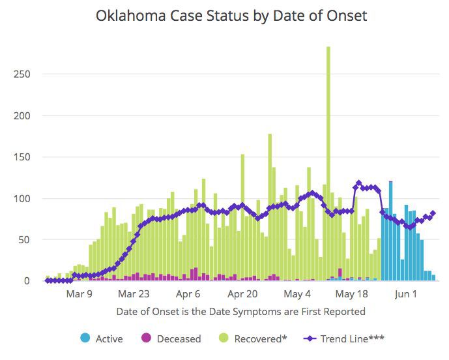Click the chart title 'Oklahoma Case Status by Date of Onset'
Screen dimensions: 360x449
pyautogui.click(x=231, y=16)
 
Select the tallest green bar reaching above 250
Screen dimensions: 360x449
pyautogui.click(x=328, y=163)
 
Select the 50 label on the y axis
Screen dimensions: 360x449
pyautogui.click(x=24, y=240)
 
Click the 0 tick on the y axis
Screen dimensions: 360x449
pyautogui.click(x=27, y=281)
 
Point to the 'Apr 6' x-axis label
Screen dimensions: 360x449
pyautogui.click(x=188, y=294)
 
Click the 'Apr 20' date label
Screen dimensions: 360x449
pyautogui.click(x=242, y=294)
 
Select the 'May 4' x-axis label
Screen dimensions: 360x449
pyautogui.click(x=297, y=294)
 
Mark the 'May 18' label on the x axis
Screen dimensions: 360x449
pyautogui.click(x=351, y=294)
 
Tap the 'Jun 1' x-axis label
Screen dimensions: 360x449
pyautogui.click(x=405, y=294)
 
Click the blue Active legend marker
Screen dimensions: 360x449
pyautogui.click(x=85, y=338)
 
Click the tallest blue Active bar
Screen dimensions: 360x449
pyautogui.click(x=390, y=232)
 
